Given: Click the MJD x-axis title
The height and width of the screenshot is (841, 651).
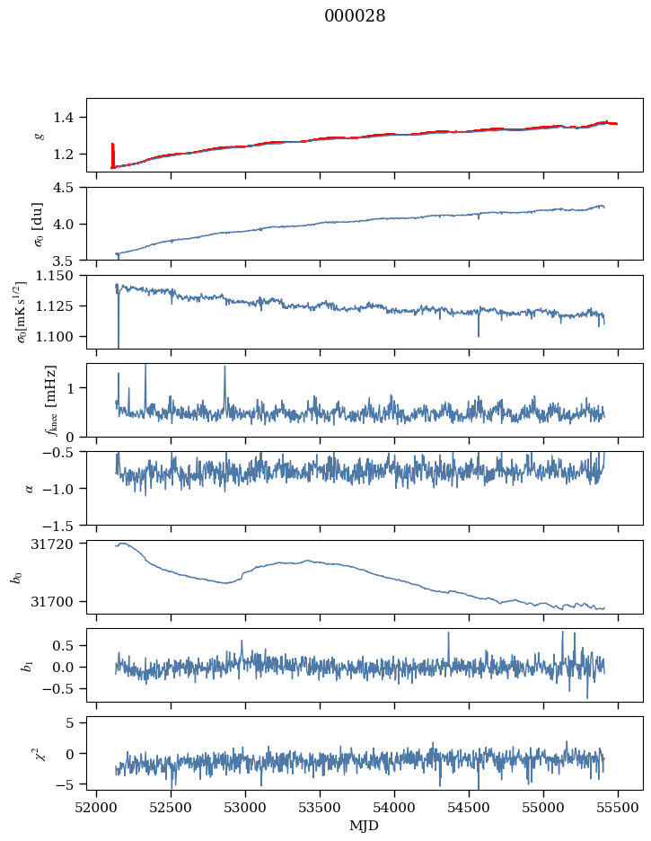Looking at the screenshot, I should point(364,826).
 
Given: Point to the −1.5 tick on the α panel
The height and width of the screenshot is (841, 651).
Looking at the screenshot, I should point(66,525).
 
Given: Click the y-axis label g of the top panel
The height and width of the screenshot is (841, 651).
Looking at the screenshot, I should point(39,135).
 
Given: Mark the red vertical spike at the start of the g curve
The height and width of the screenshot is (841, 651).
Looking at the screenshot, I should point(112,155).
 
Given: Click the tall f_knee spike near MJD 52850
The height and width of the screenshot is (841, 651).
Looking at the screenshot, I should point(224,367).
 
